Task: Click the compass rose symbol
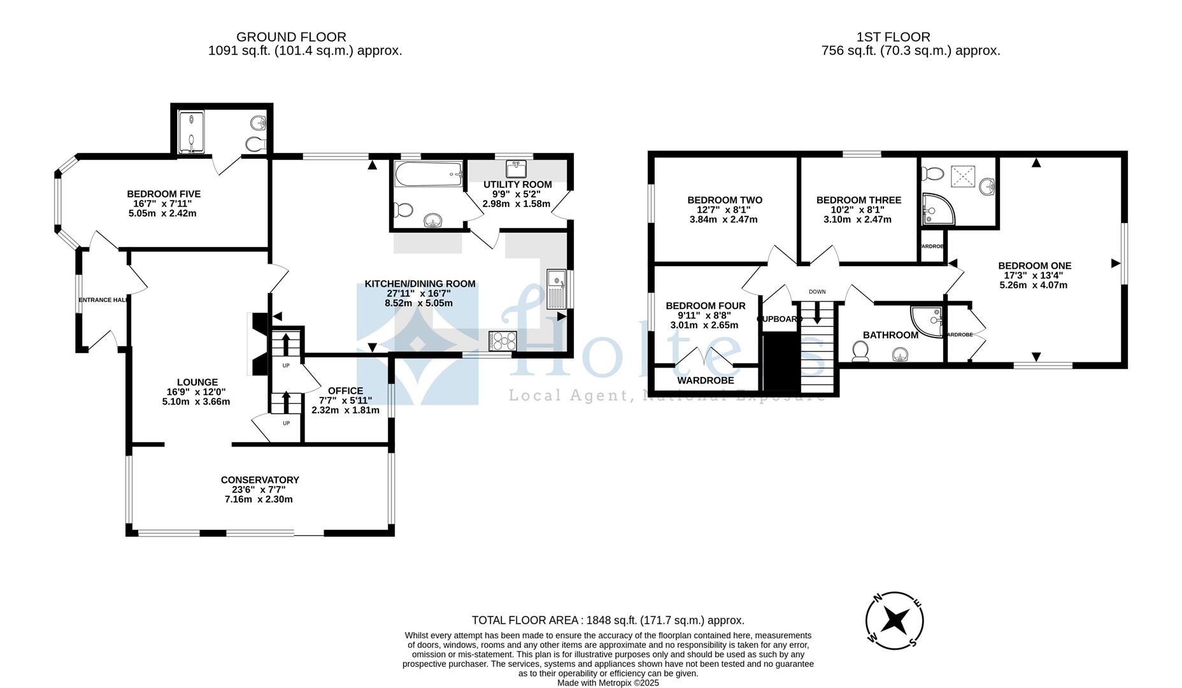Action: (894, 620)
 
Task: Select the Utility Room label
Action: (517, 185)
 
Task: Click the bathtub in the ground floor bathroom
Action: (428, 174)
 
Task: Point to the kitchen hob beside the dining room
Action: (502, 341)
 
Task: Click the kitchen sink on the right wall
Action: (557, 289)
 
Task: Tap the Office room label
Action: (345, 391)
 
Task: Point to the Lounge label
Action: (197, 383)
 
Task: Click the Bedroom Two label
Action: (725, 200)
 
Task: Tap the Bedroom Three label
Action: (858, 200)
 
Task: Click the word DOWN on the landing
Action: (817, 292)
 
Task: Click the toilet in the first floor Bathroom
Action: (860, 352)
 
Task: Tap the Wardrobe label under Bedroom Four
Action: (706, 380)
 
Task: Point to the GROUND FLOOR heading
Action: (291, 37)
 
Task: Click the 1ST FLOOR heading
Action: (894, 37)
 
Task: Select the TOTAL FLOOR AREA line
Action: (608, 620)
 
